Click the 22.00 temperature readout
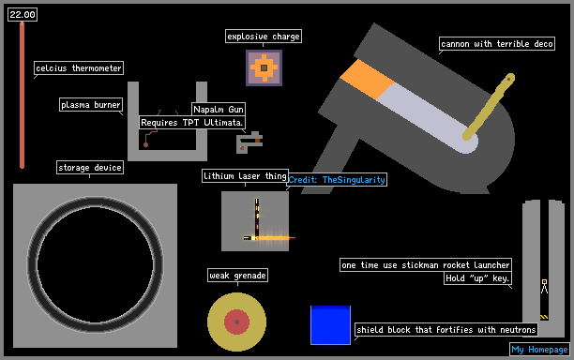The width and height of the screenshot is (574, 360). click(23, 15)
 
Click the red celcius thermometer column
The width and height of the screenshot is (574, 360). click(22, 95)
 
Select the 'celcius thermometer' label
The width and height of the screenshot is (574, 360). click(79, 68)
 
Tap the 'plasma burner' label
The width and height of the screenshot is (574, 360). click(91, 105)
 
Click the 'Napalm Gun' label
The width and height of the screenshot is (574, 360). click(219, 110)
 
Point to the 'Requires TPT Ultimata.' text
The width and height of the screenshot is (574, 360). click(192, 122)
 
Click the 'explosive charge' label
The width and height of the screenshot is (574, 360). click(264, 37)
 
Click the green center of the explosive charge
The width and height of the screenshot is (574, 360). click(264, 68)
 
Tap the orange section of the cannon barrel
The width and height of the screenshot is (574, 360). click(367, 80)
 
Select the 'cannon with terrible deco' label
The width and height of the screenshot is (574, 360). click(497, 44)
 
